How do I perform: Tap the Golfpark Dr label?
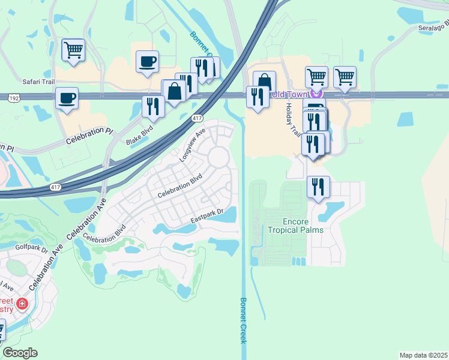pyautogui.click(x=32, y=247)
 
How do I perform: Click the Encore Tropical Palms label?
pyautogui.click(x=295, y=226)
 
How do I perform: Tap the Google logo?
pyautogui.click(x=20, y=353)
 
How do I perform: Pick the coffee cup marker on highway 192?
pyautogui.click(x=67, y=97)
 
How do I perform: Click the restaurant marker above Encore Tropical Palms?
pyautogui.click(x=318, y=186)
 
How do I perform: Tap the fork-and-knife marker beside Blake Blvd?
pyautogui.click(x=153, y=106)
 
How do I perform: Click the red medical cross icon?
pyautogui.click(x=23, y=304)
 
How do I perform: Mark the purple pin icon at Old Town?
pyautogui.click(x=319, y=94)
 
